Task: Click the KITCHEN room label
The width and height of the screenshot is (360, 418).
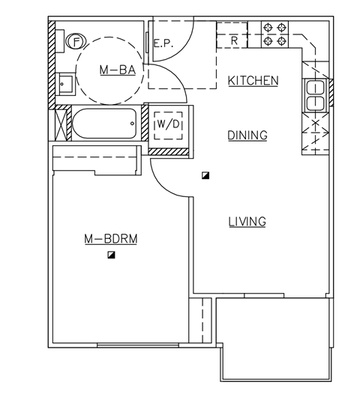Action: (253, 80)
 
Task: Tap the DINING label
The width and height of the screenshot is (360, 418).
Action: (247, 135)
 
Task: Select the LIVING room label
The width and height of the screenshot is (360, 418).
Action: (247, 221)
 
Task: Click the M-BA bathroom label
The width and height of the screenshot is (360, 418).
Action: (117, 70)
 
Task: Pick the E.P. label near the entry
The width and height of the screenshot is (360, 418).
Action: (163, 43)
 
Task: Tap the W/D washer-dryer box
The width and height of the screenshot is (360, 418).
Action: (166, 124)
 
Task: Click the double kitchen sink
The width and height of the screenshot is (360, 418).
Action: (315, 95)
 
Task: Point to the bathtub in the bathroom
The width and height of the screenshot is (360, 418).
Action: (105, 124)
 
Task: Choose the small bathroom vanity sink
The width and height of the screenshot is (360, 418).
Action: (64, 82)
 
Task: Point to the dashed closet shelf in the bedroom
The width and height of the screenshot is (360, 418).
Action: (96, 160)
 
